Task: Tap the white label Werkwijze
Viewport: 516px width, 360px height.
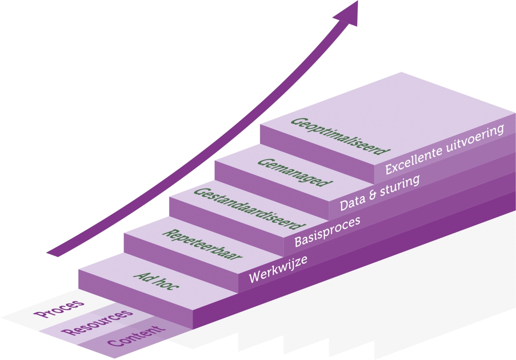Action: (x=278, y=269)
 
